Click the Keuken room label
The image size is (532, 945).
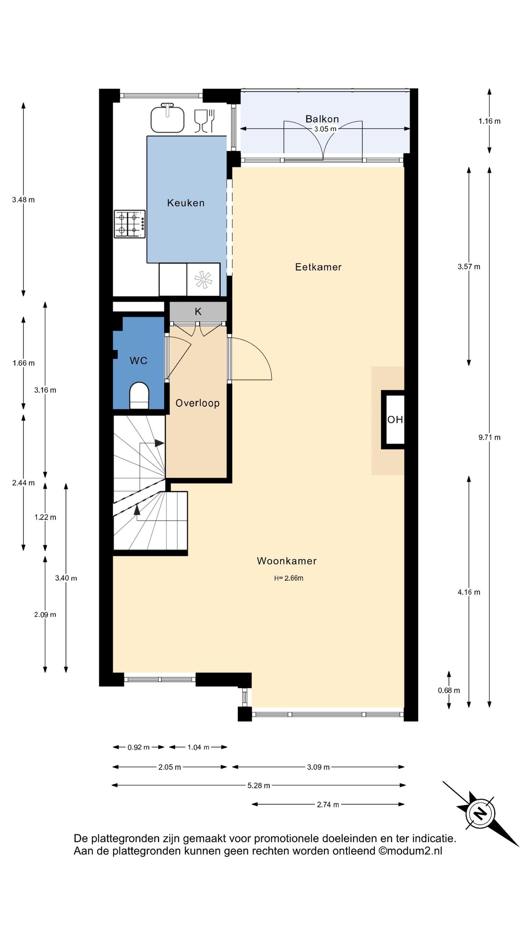(x=185, y=203)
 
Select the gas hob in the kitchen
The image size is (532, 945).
(x=130, y=224)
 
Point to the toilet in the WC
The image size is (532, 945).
(x=139, y=396)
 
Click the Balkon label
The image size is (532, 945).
(x=322, y=119)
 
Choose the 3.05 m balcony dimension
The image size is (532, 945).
(x=325, y=129)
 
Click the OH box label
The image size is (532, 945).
(x=395, y=419)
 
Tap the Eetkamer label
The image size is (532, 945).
(x=318, y=267)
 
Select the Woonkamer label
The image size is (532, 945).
(x=287, y=561)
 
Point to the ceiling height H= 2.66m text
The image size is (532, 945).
(x=289, y=578)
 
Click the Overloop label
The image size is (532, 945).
(x=197, y=403)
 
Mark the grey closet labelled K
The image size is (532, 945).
(x=198, y=311)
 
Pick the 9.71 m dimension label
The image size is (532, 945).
(x=490, y=437)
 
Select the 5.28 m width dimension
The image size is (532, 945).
(x=259, y=786)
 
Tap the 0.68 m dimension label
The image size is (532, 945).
(x=449, y=690)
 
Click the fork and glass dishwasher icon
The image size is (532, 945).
(x=205, y=121)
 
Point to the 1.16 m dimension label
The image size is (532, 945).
(x=490, y=121)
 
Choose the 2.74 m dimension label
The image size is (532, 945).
(x=328, y=804)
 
